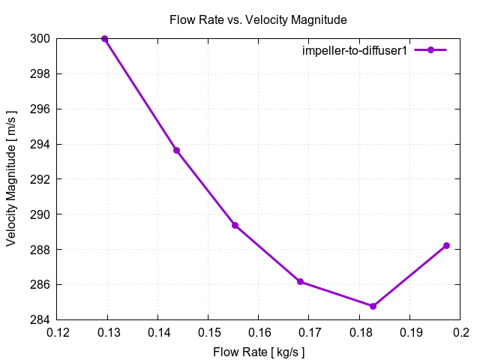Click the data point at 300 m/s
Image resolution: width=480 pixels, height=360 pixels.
[105, 38]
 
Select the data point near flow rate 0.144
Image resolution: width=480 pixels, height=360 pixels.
[177, 150]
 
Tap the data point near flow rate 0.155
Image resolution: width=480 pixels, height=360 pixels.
[235, 225]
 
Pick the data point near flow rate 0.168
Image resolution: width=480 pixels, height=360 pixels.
[300, 282]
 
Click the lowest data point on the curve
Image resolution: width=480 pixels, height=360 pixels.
[373, 306]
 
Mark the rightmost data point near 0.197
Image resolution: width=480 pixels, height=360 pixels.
[446, 245]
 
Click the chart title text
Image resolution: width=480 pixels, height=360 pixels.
[247, 19]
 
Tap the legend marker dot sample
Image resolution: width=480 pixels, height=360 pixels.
[430, 50]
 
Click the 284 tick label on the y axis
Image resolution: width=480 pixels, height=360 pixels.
[40, 319]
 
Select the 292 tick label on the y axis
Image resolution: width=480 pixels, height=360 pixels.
[40, 179]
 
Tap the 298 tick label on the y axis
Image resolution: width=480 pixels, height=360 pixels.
[40, 73]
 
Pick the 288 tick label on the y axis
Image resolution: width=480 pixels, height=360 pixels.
[40, 249]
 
